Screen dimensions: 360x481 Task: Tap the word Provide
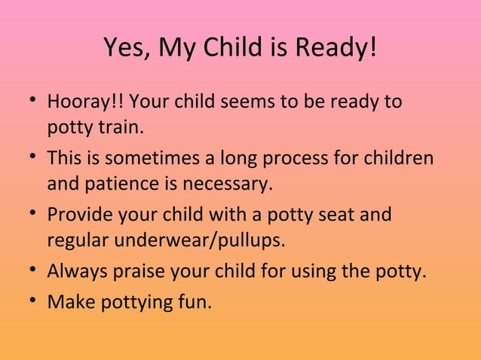[77, 215]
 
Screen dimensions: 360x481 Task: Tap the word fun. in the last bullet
[195, 302]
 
